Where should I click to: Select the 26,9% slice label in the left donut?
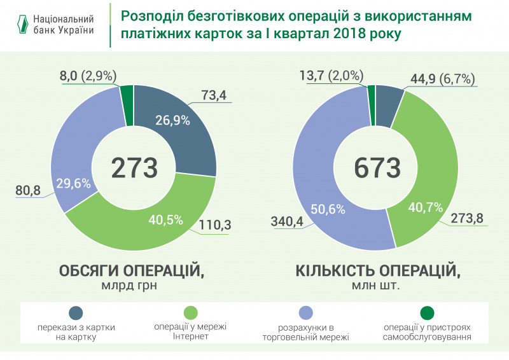pos(171,120)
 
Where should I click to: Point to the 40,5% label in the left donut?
pos(165,220)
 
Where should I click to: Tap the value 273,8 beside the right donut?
pos(466,219)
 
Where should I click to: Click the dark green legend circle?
pos(427,312)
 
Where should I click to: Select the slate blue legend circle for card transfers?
pos(76,312)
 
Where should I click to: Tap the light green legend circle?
pos(190,312)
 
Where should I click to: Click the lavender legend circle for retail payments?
pos(305,312)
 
